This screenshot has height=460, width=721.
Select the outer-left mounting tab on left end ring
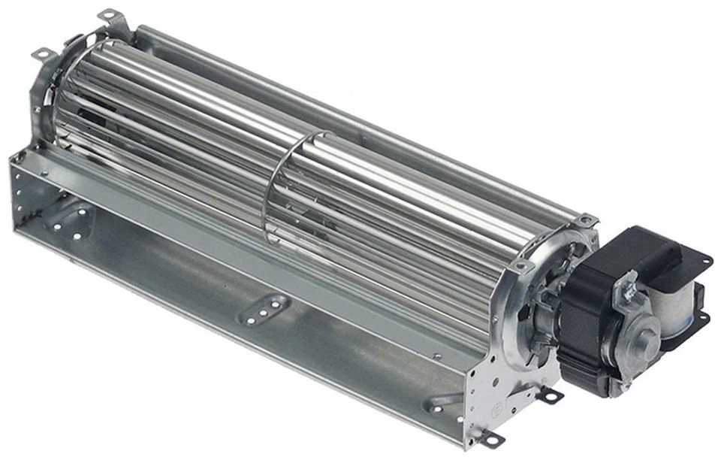41,53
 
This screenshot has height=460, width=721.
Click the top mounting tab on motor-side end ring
585,219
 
